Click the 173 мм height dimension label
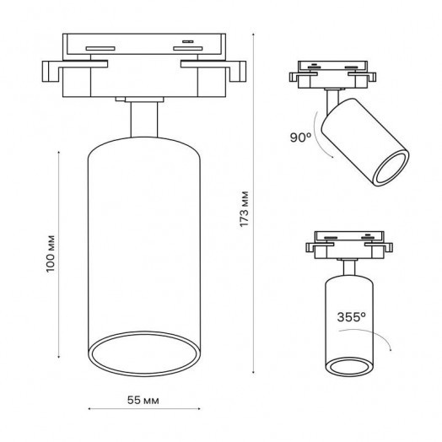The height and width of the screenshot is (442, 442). pyautogui.click(x=245, y=206)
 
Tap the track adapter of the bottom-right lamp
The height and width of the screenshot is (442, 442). pyautogui.click(x=348, y=245)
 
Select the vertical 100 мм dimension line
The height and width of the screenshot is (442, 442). pyautogui.click(x=58, y=253)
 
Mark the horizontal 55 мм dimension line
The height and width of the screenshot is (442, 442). pyautogui.click(x=146, y=411)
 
